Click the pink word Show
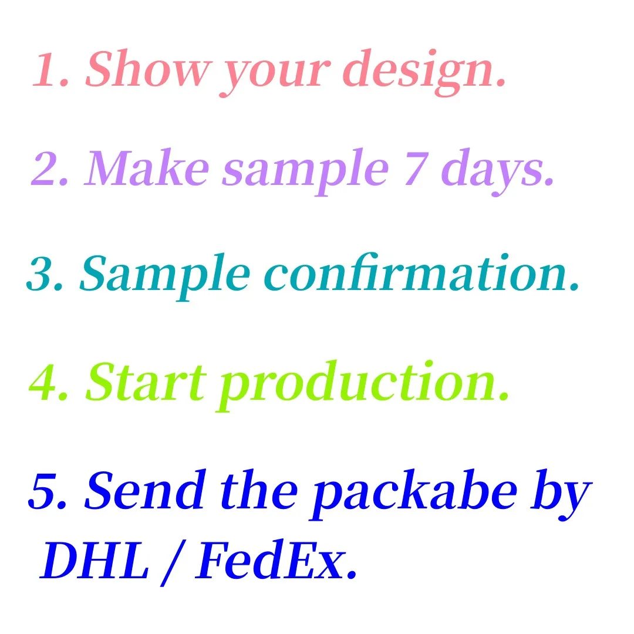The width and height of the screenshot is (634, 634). coord(148,68)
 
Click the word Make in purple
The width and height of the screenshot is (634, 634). coord(146,167)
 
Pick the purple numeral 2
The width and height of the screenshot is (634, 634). coord(49,168)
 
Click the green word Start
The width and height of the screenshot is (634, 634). coord(145,382)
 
